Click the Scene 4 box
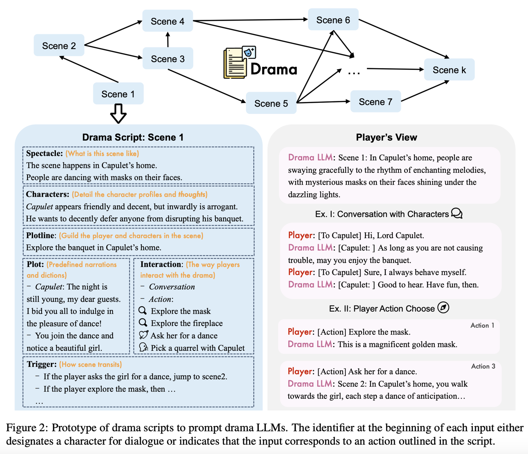pyautogui.click(x=167, y=21)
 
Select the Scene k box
pyautogui.click(x=449, y=70)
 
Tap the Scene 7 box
pyautogui.click(x=375, y=102)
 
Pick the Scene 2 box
pyautogui.click(x=59, y=46)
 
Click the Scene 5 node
pyautogui.click(x=271, y=103)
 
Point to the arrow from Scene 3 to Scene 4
pyautogui.click(x=168, y=40)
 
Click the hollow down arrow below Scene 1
pyautogui.click(x=118, y=114)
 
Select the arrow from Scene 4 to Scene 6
pyautogui.click(x=250, y=20)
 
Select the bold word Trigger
pyautogui.click(x=41, y=364)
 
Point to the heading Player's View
pyautogui.click(x=386, y=137)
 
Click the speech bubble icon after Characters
pyautogui.click(x=457, y=213)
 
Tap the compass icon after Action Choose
pyautogui.click(x=443, y=307)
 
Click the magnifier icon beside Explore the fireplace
pyautogui.click(x=143, y=323)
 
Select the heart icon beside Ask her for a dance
pyautogui.click(x=143, y=335)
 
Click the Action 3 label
pyautogui.click(x=483, y=366)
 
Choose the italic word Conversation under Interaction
pyautogui.click(x=172, y=287)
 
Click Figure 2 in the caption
pyautogui.click(x=27, y=428)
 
